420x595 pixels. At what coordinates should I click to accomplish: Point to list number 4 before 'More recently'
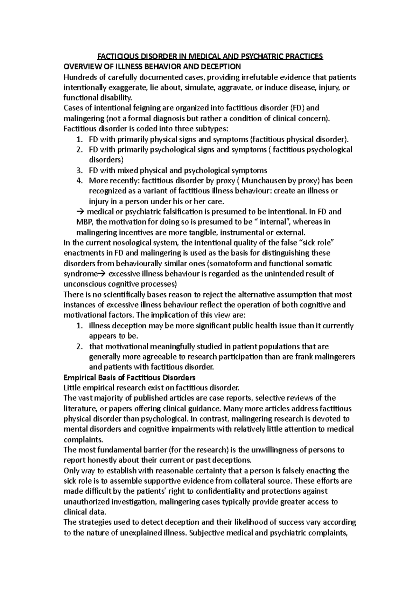click(x=79, y=181)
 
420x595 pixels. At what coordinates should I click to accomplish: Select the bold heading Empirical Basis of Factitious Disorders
click(x=129, y=378)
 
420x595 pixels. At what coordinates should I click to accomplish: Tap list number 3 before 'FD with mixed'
click(x=79, y=171)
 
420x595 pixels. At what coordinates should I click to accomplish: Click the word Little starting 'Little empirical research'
click(x=72, y=388)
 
